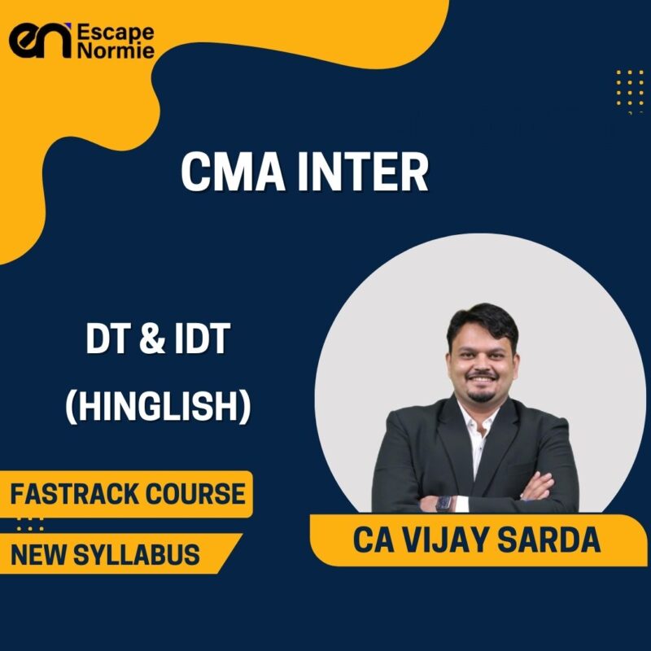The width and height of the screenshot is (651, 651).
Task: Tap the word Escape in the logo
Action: click(x=114, y=32)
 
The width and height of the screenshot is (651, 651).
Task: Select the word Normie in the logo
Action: click(x=114, y=52)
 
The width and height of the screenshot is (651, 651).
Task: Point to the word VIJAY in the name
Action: click(x=452, y=540)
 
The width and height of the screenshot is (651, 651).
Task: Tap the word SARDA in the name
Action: click(x=553, y=540)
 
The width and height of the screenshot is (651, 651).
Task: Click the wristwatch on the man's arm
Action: click(x=444, y=502)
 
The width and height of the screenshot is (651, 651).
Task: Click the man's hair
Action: click(x=482, y=322)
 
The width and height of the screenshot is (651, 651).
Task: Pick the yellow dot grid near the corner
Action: click(x=630, y=85)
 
